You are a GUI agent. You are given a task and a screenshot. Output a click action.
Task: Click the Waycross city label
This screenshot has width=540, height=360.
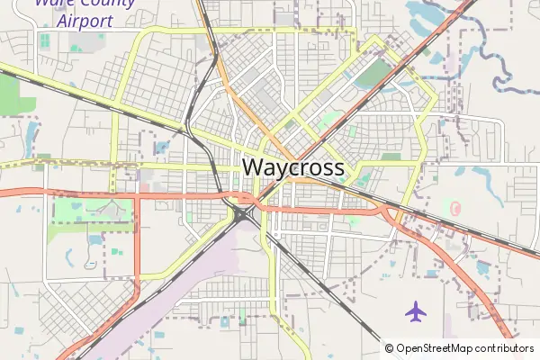click(x=293, y=168)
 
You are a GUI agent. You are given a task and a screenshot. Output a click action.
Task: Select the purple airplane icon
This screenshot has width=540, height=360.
click(x=415, y=311)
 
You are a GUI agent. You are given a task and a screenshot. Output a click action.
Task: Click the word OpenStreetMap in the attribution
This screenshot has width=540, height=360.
click(x=436, y=348)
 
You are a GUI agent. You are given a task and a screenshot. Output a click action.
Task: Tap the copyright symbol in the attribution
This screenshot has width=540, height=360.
click(x=390, y=348)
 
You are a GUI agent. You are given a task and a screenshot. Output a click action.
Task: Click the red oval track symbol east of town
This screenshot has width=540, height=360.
click(x=455, y=208)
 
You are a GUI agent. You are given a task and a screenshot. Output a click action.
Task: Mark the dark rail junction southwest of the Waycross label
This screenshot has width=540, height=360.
click(x=242, y=212)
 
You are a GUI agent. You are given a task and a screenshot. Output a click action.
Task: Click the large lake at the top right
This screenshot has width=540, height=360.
click(x=430, y=13)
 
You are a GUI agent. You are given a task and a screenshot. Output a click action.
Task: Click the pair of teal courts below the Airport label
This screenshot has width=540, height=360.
click(x=44, y=40)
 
